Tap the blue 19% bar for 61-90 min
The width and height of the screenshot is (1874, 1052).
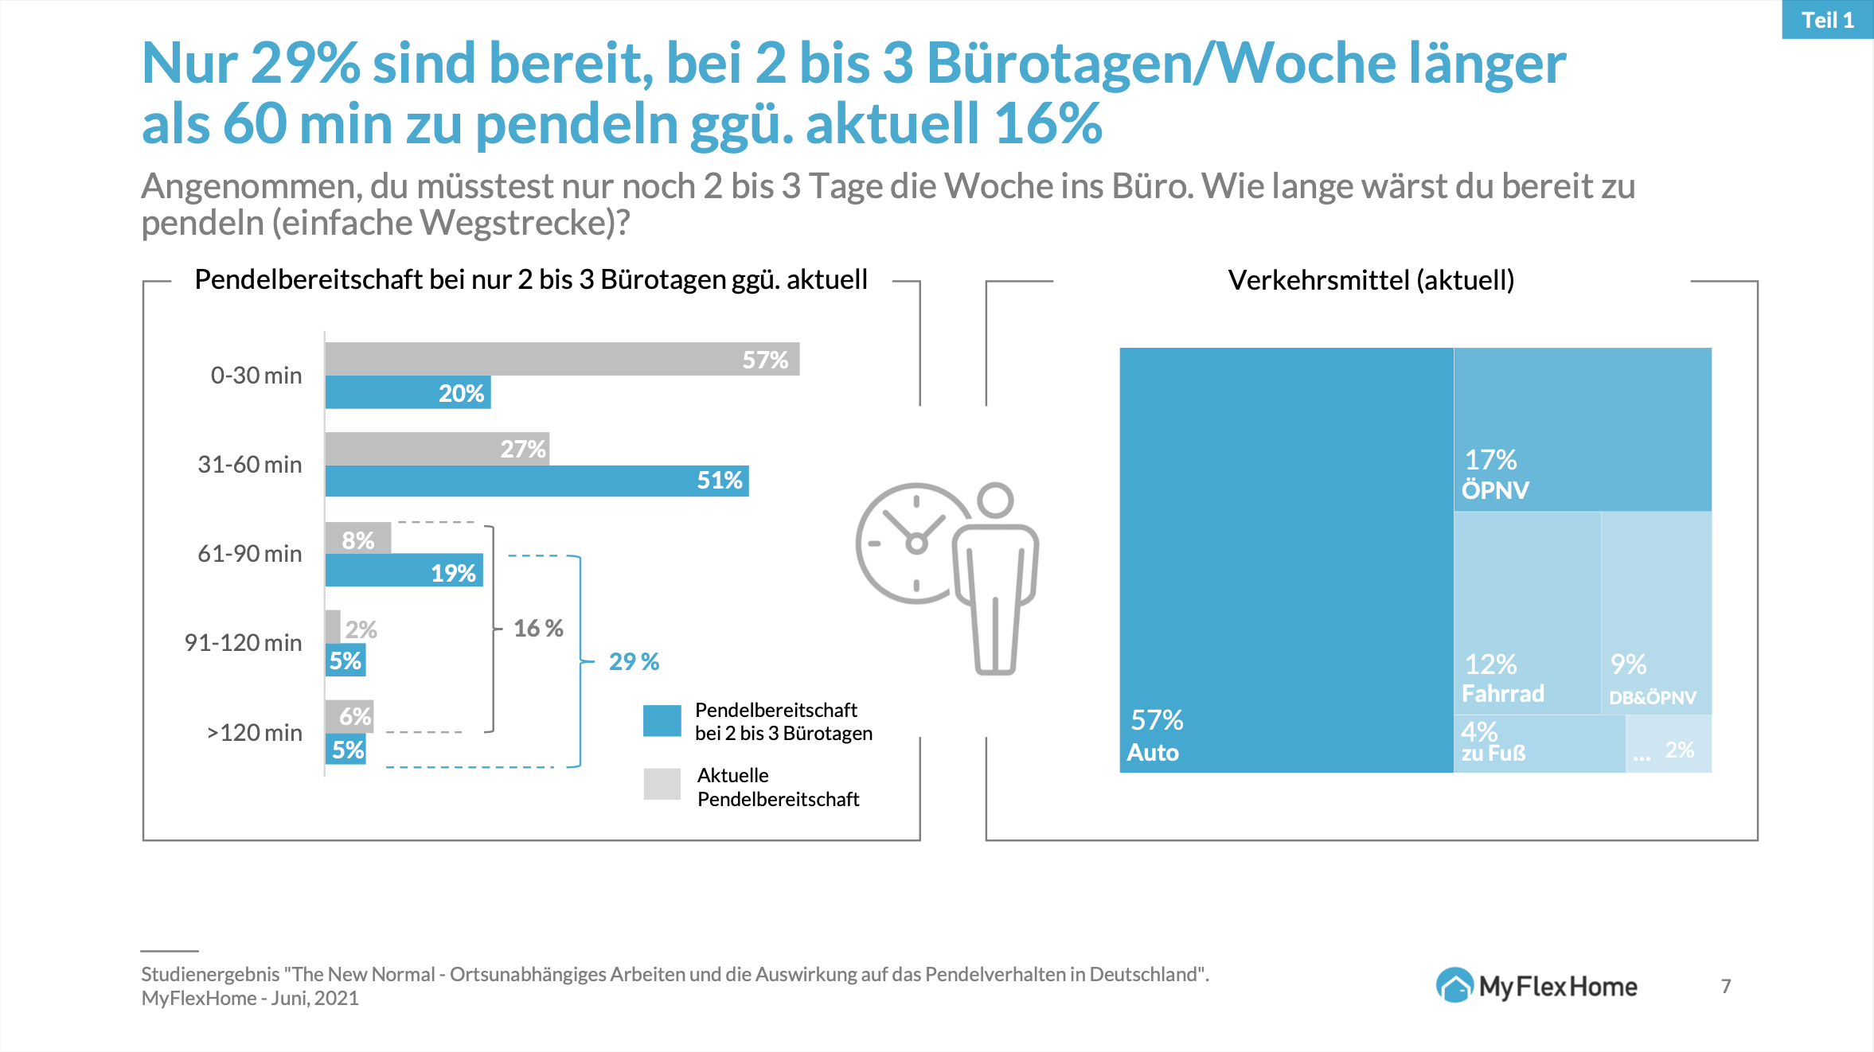(404, 571)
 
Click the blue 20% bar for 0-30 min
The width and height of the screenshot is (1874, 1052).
(408, 392)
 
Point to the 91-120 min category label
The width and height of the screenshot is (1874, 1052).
(243, 643)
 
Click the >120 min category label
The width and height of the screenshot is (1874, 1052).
(254, 733)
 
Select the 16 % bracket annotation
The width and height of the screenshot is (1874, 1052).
(538, 629)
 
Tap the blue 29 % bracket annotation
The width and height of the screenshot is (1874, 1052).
(634, 662)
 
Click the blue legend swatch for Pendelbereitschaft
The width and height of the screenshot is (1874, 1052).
(662, 721)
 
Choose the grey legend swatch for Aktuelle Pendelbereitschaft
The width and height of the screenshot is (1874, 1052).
(662, 784)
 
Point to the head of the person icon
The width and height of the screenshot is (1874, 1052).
(995, 501)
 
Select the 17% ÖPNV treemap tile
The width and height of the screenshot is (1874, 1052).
(1582, 429)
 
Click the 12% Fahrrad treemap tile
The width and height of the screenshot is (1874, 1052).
(1526, 612)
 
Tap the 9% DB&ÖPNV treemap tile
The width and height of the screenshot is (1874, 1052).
(1656, 612)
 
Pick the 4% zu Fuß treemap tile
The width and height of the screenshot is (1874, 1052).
(1538, 743)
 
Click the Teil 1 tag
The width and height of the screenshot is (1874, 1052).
(1827, 20)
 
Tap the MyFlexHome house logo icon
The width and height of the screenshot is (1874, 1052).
(1454, 986)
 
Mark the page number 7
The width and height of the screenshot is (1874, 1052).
(1726, 987)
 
